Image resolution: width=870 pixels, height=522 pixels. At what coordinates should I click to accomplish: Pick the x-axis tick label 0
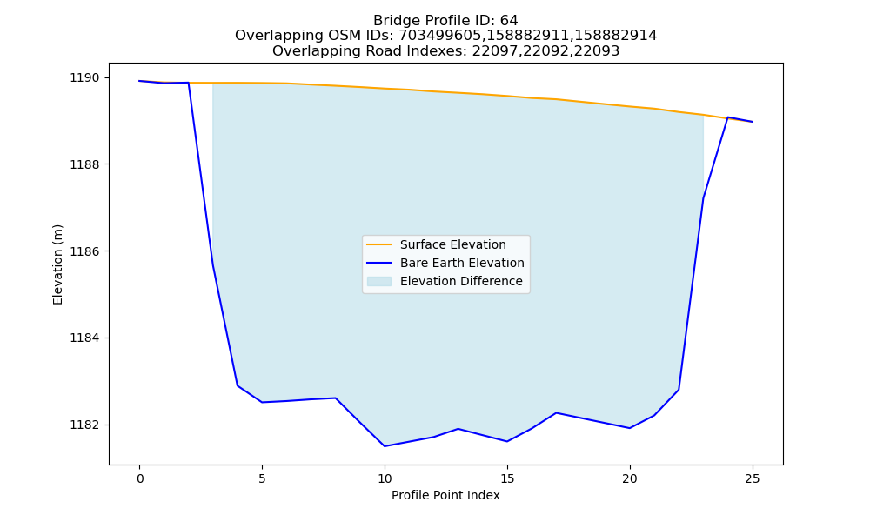point(140,478)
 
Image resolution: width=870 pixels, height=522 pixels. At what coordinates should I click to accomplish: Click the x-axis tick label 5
point(262,478)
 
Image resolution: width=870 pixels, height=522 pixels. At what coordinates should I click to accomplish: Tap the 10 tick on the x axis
point(385,478)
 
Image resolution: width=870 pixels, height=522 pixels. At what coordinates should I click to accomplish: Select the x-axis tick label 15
point(507,478)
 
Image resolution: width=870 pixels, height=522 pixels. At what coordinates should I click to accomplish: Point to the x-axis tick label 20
point(630,478)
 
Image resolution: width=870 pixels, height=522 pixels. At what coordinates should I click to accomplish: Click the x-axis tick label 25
point(753,478)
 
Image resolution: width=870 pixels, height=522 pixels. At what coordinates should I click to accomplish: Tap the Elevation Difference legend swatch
point(379,281)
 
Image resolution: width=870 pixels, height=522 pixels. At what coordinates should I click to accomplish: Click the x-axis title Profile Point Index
point(445,495)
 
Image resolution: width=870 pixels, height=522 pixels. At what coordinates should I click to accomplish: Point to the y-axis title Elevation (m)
point(57,264)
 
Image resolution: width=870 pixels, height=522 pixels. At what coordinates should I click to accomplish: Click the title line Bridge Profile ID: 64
point(445,21)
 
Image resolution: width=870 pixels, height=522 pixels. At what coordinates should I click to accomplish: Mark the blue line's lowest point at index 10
point(385,446)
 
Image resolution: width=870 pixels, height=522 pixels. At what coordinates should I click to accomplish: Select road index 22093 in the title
point(600,51)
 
